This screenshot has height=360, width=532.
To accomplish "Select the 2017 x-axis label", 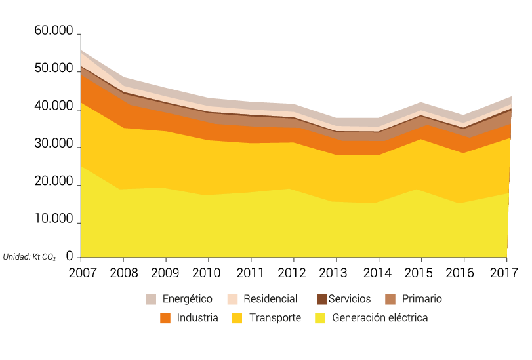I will tap(506, 272).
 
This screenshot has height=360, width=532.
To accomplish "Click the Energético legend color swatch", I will tap(152, 300).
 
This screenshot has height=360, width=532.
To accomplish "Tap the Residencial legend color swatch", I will tap(232, 300).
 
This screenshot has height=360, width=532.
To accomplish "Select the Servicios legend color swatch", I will tap(322, 300).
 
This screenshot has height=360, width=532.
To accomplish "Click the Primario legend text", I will tap(422, 299).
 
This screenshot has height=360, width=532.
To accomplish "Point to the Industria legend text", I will tap(197, 318).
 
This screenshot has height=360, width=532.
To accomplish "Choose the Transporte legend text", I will tap(275, 318).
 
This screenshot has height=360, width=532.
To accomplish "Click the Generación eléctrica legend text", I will tap(380, 318).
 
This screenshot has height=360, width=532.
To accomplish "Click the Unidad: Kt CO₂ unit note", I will tap(30, 257).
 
